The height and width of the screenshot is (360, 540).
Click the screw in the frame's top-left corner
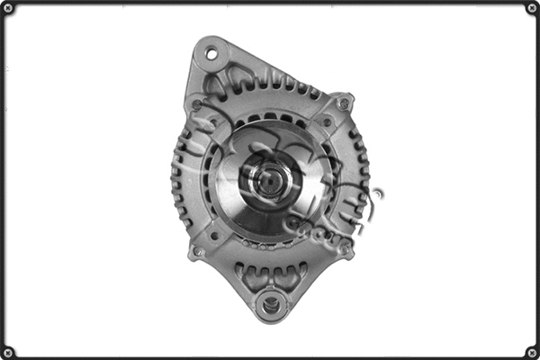point(8,8)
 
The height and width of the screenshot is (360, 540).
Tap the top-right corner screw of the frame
point(531,8)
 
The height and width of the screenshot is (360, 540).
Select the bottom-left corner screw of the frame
point(8,352)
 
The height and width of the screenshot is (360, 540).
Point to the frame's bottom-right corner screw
point(531,352)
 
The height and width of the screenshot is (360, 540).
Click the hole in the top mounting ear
point(211,54)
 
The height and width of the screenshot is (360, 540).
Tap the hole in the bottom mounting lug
point(269,304)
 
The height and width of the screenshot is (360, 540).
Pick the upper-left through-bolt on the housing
point(197,104)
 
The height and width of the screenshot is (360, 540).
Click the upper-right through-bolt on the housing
point(343,104)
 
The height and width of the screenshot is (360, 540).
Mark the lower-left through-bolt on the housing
point(199,252)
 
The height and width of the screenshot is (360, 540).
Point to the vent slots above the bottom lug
point(270,272)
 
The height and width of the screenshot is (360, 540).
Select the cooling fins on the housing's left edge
point(178,180)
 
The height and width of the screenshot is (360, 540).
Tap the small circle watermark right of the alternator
point(376,193)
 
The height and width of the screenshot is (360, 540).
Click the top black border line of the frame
point(270,3)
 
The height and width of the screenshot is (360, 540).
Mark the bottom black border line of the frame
point(270,356)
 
